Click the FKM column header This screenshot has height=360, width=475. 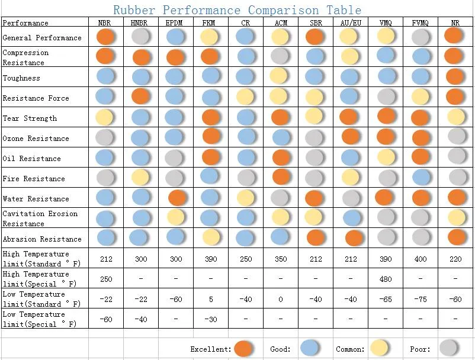(x=208, y=22)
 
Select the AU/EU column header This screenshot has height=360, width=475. (x=351, y=22)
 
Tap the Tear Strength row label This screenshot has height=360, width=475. (x=30, y=118)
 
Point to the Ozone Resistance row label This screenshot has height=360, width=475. (x=36, y=139)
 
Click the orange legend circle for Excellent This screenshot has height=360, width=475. (x=243, y=349)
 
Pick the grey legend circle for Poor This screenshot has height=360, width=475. (x=448, y=348)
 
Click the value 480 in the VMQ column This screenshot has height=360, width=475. (x=386, y=279)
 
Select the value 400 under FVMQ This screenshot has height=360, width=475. (x=420, y=259)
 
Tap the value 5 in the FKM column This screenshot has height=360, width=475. (x=211, y=299)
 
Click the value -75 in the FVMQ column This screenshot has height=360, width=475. (x=420, y=299)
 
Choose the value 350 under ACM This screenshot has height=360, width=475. (x=281, y=259)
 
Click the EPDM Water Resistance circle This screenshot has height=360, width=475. (x=177, y=198)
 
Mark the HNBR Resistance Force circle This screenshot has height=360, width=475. (x=140, y=97)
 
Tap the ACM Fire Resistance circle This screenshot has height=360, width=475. (x=281, y=177)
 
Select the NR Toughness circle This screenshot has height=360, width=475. (x=455, y=76)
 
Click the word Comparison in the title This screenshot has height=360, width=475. (x=283, y=10)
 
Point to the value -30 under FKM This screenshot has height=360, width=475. (x=210, y=319)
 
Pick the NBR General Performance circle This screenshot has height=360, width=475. (x=105, y=37)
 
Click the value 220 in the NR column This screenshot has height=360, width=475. (x=455, y=259)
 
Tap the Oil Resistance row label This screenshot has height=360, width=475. (x=31, y=158)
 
